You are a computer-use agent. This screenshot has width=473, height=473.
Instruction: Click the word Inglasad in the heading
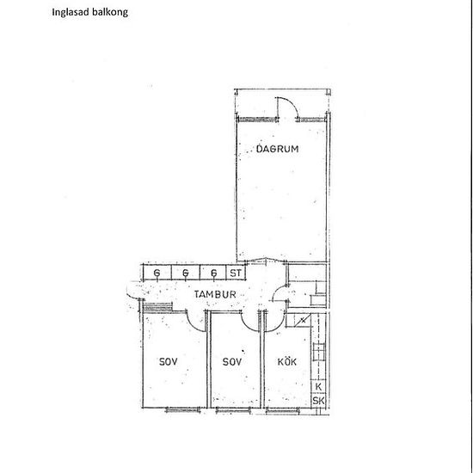[x=71, y=12]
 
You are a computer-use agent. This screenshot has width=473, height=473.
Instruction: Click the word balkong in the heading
[x=110, y=12]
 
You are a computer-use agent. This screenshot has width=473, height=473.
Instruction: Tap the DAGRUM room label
[x=277, y=149]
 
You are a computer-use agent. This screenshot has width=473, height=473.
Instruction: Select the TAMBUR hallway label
[x=215, y=294]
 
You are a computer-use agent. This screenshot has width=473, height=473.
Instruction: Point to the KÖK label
[x=287, y=361]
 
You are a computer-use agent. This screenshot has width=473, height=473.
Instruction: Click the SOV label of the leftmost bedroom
[x=168, y=362]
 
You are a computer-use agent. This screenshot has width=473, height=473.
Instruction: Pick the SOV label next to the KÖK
[x=232, y=362]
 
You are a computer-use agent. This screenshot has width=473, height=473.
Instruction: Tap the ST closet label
[x=236, y=273]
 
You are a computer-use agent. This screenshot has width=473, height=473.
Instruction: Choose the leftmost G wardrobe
[x=157, y=273]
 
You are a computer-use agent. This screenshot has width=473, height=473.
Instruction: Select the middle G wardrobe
[x=185, y=273]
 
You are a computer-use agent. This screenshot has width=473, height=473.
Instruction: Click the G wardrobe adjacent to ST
[x=213, y=273]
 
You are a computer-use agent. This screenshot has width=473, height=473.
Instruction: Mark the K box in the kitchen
[x=318, y=386]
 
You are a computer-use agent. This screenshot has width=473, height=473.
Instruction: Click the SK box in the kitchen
[x=318, y=401]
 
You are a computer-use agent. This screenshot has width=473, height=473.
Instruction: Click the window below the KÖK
[x=283, y=409]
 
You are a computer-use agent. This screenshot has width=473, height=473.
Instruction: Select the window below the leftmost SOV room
[x=183, y=409]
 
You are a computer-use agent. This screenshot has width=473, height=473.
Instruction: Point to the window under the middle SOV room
[x=233, y=409]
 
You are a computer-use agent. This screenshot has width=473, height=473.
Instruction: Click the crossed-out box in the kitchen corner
[x=303, y=321]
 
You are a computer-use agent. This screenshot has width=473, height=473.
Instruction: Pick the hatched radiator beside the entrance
[x=157, y=306]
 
